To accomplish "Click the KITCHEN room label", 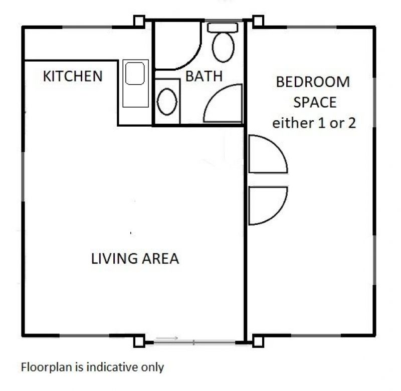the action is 73,76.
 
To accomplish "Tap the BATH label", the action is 204,76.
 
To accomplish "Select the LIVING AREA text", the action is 135,258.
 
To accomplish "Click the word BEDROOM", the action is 313,82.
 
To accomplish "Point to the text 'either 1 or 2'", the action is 314,123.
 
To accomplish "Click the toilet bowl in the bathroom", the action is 223,47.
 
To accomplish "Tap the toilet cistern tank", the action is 223,28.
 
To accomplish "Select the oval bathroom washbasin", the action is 167,102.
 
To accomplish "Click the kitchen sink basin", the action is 135,73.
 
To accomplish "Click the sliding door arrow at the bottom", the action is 167,338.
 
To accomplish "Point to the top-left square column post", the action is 139,21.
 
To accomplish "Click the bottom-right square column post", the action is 258,342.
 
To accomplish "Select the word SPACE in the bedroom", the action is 315,103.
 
